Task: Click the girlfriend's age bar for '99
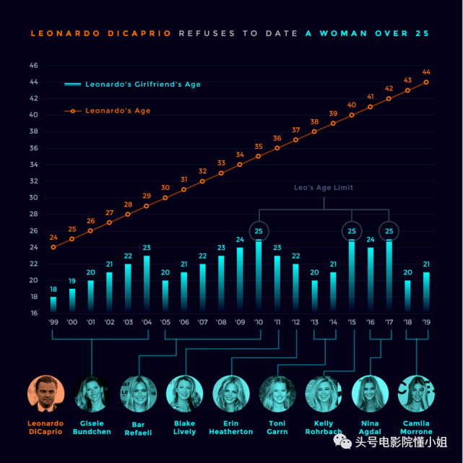pos(53,305)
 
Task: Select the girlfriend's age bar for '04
pos(147,284)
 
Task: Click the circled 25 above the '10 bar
pos(259,230)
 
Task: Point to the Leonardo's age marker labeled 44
pos(426,82)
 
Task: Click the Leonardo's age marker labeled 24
pos(53,247)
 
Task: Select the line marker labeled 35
pos(259,155)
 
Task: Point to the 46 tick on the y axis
pos(33,65)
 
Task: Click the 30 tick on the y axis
pos(33,197)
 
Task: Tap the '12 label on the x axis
pos(296,323)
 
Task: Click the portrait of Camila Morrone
pos(416,394)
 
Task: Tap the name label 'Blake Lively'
pos(185,427)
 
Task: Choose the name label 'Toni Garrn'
pos(277,427)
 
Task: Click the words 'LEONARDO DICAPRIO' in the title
pos(101,33)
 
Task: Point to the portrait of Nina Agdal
pos(370,394)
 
